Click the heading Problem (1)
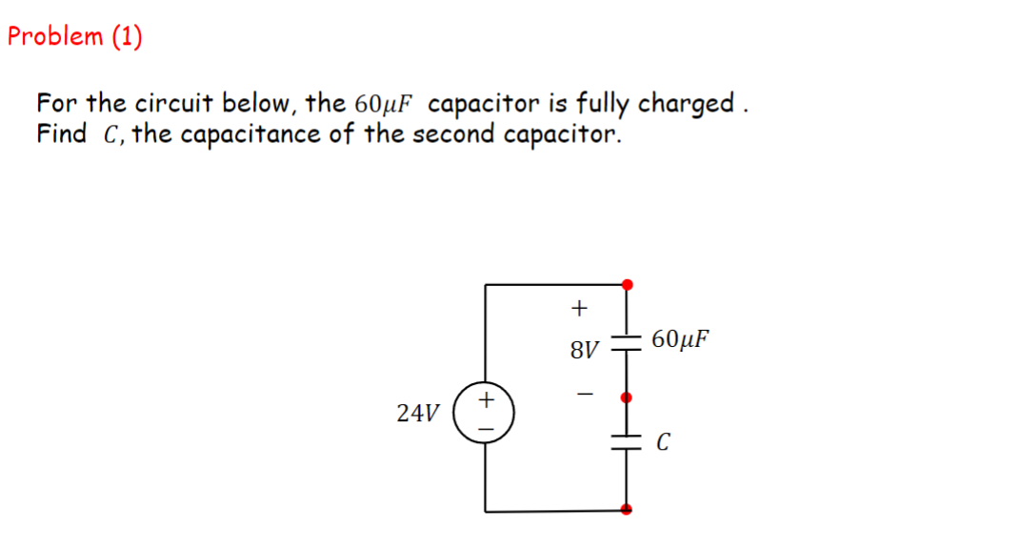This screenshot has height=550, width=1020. pos(74,36)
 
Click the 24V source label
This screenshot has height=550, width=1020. pos(418,413)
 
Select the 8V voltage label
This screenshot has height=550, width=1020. pos(584,350)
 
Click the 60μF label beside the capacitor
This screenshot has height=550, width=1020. pos(682,338)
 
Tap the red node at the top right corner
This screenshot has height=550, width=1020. pos(626,284)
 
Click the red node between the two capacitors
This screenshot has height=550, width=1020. pos(626,396)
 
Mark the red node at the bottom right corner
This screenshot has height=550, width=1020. pos(626,510)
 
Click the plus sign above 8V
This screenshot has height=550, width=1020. pos(578,308)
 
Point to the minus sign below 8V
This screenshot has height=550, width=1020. pos(584,392)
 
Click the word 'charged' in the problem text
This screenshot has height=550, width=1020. pos(686,103)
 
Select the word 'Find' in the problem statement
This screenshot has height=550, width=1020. pos(62,133)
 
